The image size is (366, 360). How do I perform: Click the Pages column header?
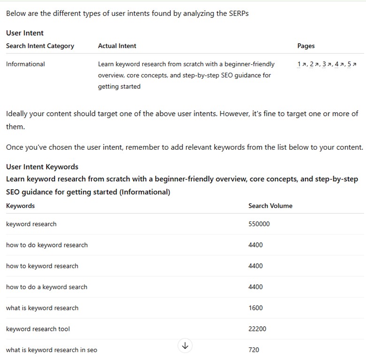[x=306, y=46]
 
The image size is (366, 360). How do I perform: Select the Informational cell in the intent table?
[x=25, y=64]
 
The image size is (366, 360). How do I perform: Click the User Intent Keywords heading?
[x=42, y=167]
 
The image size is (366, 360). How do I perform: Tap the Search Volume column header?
[x=270, y=206]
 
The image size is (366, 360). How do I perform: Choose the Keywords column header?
[x=20, y=206]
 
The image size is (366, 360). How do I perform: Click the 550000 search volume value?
[x=259, y=224]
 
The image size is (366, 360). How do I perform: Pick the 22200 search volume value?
[x=257, y=329]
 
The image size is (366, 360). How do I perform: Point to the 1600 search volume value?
[x=256, y=308]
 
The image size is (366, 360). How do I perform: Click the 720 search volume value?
[x=254, y=350]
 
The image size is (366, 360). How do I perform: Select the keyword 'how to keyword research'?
[x=42, y=266]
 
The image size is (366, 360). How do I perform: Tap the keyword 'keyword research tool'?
[x=38, y=329]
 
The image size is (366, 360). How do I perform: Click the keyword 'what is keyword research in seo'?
[x=52, y=350]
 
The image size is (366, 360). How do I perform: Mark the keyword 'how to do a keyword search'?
[x=46, y=287]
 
